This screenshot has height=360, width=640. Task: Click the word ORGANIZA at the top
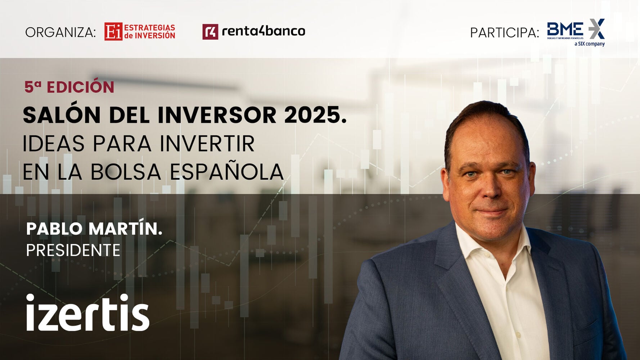[x=60, y=32]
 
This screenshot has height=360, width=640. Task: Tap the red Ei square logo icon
[x=113, y=32]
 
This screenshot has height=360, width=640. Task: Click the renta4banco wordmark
[x=263, y=31]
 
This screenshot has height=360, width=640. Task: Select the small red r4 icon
[x=210, y=32]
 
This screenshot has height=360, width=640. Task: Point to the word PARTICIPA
[x=505, y=33]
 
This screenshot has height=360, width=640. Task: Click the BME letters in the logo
[x=565, y=29]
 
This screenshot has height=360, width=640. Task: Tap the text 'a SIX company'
[x=590, y=44]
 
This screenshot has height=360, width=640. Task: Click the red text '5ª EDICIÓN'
[x=69, y=87]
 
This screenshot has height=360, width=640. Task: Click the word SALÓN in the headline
[x=62, y=115]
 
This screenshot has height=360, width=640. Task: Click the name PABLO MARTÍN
[x=94, y=228]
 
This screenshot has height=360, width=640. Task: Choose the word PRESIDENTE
[x=73, y=250]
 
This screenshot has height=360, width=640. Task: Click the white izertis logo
[x=87, y=312]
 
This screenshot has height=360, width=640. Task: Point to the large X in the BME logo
[x=596, y=29]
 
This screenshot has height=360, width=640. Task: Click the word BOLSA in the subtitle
[x=126, y=172]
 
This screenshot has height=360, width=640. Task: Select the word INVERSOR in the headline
[x=217, y=115]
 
